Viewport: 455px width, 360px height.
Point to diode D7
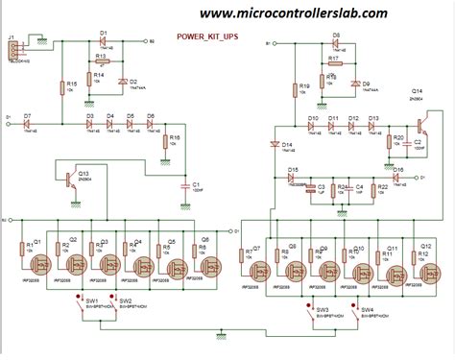tap(28, 124)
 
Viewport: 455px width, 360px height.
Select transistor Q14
tap(420, 125)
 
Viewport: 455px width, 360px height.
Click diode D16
tap(397, 176)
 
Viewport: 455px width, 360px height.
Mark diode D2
tap(122, 83)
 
